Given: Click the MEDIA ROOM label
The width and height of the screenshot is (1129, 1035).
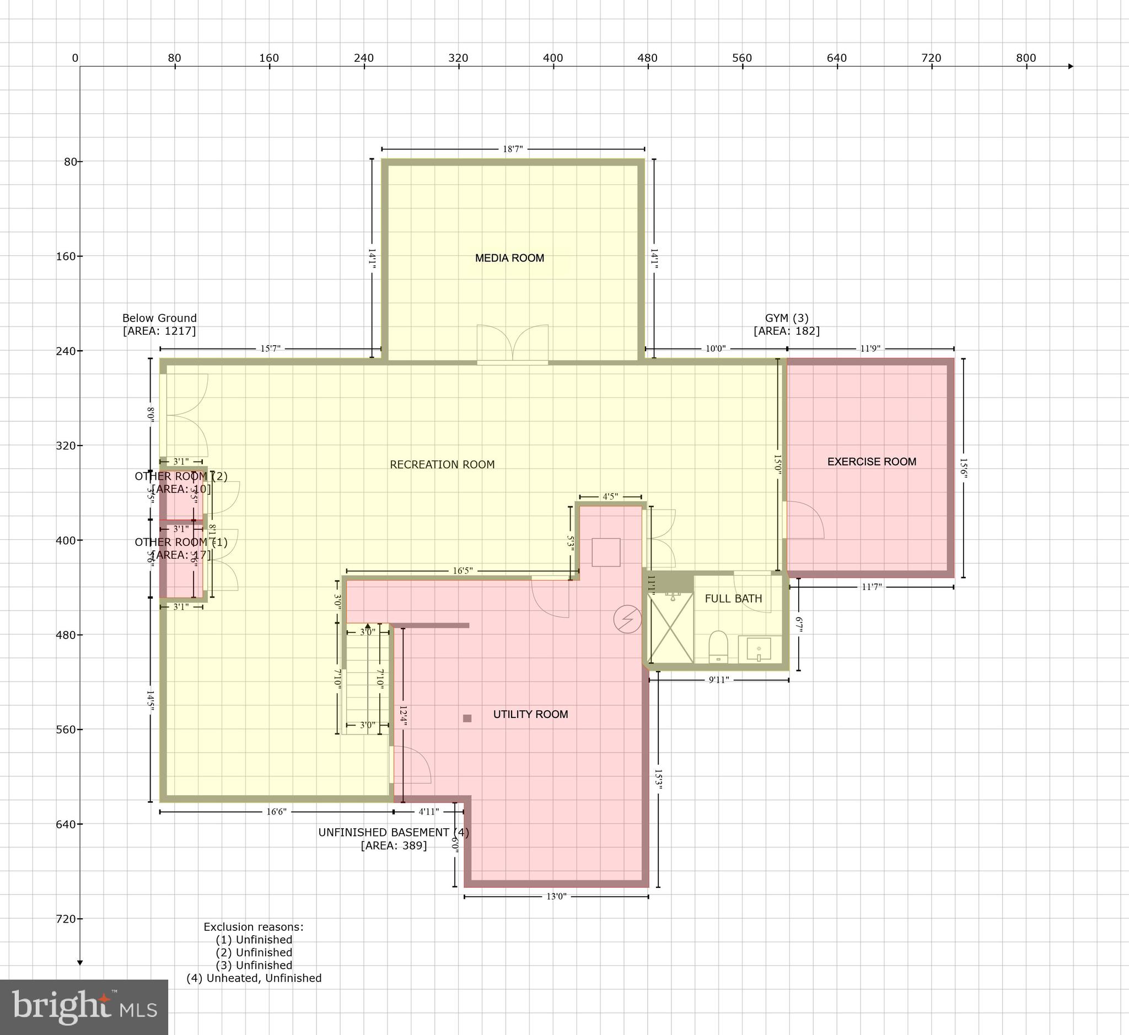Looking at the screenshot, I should [x=509, y=258].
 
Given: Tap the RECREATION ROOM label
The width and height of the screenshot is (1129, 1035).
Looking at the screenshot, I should [x=442, y=464].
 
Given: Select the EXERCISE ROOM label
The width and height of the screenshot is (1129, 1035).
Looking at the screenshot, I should [x=872, y=462].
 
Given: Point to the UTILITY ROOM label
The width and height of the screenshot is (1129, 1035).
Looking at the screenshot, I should [x=530, y=714].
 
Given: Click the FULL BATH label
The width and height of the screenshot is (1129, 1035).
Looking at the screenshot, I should [x=733, y=599].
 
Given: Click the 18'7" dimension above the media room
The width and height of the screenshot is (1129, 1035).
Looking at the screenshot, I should [x=513, y=149].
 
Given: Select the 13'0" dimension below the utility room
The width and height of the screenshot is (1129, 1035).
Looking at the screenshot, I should [x=556, y=896].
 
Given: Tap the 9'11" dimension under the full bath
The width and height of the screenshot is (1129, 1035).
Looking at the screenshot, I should [x=718, y=680].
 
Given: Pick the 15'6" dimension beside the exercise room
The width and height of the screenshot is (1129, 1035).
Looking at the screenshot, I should [x=963, y=468].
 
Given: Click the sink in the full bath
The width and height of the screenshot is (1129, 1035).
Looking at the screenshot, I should [x=759, y=650].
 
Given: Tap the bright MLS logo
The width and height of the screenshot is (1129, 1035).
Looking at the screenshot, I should [x=84, y=1006].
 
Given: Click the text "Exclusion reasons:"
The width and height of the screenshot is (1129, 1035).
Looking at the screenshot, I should [x=253, y=927].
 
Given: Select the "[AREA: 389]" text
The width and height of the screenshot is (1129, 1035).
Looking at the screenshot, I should [x=393, y=845].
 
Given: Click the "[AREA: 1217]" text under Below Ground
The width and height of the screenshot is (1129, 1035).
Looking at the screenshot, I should [x=159, y=331].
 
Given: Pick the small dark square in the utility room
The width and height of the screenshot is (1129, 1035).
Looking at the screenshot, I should [x=467, y=718].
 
